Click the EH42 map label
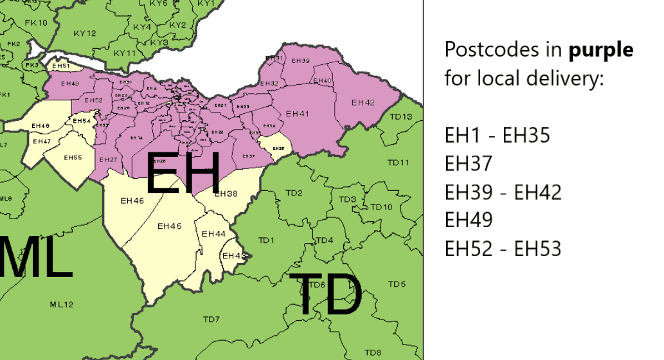coord(363,103)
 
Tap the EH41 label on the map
coord(298,114)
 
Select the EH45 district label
coord(170,226)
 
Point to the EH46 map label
coord(132,201)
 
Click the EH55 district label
coord(73,157)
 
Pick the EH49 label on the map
coord(69,84)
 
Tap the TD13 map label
coord(400,116)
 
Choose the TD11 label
coord(399,163)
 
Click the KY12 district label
coord(85,33)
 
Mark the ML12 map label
coord(62,304)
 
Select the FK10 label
coord(37,23)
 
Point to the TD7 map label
coord(211,319)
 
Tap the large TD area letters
coord(325,294)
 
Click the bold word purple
coord(600,50)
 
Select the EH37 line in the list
coord(469,164)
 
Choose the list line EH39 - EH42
coord(503,192)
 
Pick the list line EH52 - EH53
coord(503,248)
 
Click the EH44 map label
coord(214,234)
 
